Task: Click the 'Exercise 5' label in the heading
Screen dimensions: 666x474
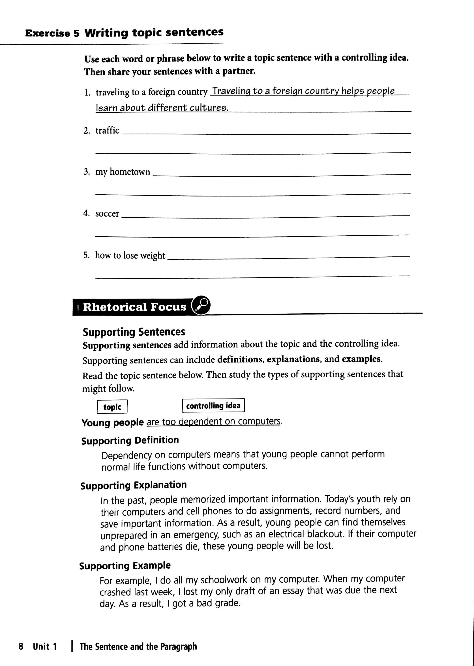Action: [52, 33]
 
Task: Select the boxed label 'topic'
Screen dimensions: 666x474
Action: [112, 407]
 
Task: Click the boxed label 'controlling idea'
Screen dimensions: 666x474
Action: [213, 406]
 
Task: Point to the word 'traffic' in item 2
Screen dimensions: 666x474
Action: [107, 130]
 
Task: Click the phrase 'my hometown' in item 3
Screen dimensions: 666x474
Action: [122, 172]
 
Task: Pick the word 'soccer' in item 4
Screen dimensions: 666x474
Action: [107, 214]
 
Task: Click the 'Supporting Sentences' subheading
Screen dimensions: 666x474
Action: [134, 332]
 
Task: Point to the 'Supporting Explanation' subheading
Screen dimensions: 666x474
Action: [133, 485]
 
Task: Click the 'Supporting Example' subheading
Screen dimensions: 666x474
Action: [125, 566]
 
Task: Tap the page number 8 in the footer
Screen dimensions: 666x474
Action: [21, 646]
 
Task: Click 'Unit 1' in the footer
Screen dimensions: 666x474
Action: [45, 646]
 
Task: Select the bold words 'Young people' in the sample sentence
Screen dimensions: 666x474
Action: [113, 423]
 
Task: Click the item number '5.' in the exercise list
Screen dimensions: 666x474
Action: [86, 255]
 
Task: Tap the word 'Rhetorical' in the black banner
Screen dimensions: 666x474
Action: [115, 307]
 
